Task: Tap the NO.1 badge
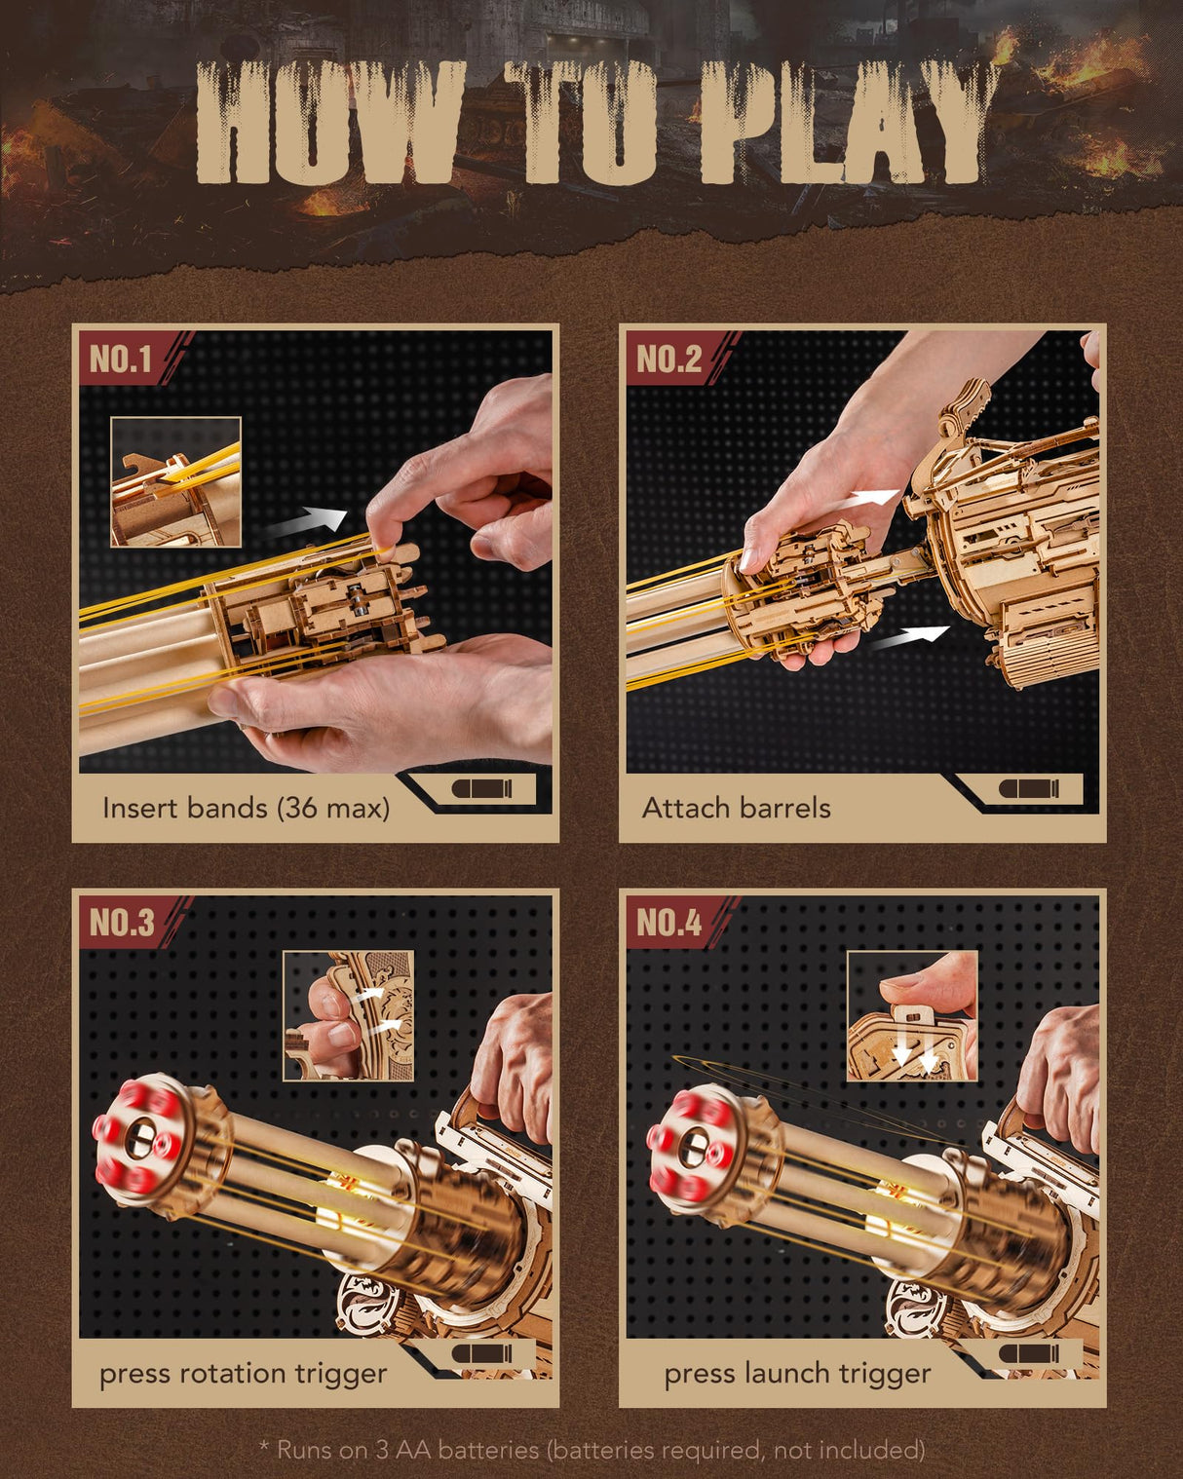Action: [x=121, y=360]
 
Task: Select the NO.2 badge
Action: [x=668, y=360]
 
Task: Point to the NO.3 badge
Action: [x=121, y=922]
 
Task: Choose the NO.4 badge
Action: [x=668, y=922]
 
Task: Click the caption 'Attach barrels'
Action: [x=736, y=808]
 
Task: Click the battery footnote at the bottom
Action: [x=591, y=1449]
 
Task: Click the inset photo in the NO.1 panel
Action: [x=175, y=481]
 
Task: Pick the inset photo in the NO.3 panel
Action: [x=348, y=1016]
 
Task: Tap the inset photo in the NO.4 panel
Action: [x=911, y=1016]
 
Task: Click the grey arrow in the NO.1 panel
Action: [x=305, y=523]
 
